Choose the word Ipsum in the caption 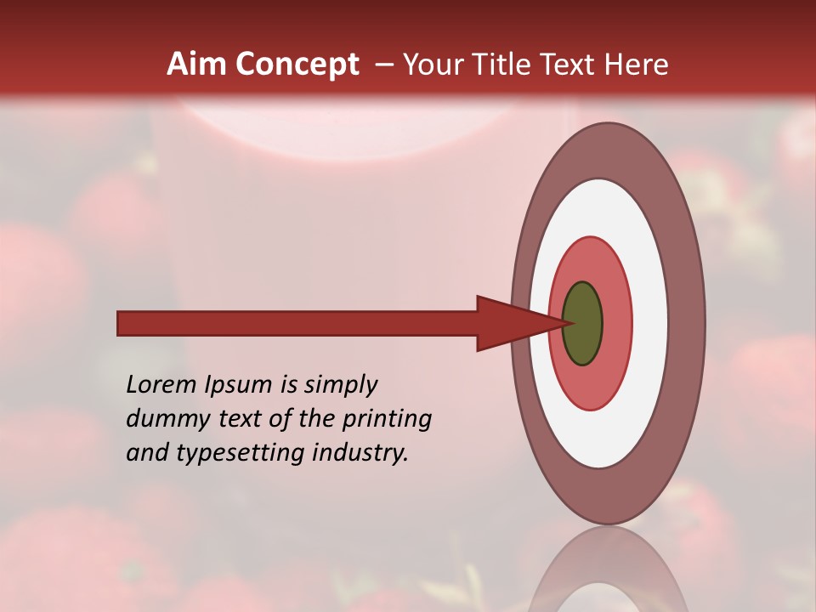pos(241,385)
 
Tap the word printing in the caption pos(387,419)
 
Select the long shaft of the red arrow pos(297,324)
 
